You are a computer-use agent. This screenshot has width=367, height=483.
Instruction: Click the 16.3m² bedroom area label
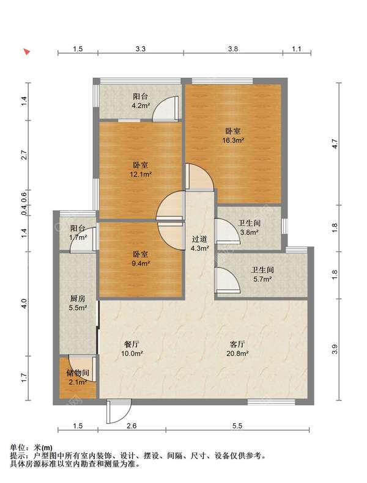point(233,140)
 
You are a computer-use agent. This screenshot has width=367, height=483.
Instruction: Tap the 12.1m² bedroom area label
point(141,175)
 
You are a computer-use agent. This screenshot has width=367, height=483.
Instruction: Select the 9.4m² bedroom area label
point(141,264)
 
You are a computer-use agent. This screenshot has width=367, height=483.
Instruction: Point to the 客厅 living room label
point(237,344)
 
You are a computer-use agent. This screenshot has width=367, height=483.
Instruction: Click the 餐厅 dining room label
point(132,344)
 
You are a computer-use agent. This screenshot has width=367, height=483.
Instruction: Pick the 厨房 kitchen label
point(78,299)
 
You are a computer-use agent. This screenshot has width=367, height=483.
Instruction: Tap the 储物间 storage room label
point(78,373)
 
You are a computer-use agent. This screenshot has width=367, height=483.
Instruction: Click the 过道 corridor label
point(199,239)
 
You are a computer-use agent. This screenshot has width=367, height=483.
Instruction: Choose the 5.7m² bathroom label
point(262,280)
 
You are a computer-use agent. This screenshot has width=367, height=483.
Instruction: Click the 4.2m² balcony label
point(141,106)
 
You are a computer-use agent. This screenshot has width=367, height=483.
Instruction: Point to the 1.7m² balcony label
point(78,238)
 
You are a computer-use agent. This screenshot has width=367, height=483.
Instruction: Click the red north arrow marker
point(28,51)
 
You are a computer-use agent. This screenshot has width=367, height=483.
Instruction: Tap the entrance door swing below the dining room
point(118,412)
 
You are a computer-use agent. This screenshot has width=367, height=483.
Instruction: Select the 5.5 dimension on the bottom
point(237,426)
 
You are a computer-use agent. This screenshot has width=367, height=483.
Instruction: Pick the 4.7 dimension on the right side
point(335,144)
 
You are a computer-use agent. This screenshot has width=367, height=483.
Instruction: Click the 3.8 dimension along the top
point(233,49)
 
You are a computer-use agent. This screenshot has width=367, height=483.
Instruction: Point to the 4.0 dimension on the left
point(24,303)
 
